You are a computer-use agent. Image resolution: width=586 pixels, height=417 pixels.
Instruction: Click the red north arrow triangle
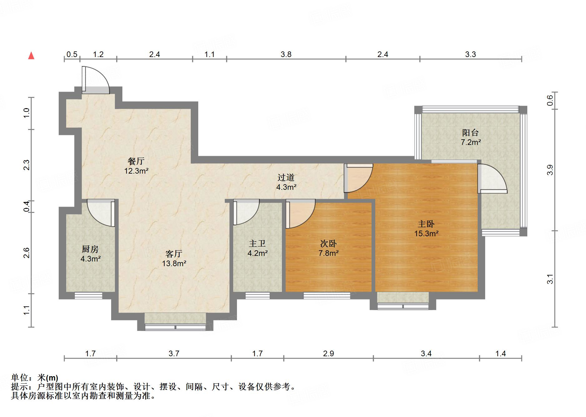[31, 55]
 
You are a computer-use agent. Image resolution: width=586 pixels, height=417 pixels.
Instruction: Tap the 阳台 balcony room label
[470, 133]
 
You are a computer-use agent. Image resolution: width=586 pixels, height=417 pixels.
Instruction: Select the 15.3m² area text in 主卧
[426, 233]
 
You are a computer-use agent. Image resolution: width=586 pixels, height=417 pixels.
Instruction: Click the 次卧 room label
[328, 243]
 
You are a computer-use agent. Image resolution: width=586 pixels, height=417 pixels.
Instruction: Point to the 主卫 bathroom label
[257, 243]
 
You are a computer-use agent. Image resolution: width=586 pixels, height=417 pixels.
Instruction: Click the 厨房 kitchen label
[90, 249]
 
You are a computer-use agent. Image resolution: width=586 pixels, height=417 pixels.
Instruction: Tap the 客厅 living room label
[174, 254]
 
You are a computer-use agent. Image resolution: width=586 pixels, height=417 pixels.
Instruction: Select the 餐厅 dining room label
[136, 161]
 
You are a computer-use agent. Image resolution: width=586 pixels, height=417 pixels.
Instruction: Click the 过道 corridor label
[286, 177]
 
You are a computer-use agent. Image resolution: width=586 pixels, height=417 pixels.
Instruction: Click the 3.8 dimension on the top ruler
[286, 55]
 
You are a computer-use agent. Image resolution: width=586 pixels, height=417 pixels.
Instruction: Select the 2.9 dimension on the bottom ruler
[328, 353]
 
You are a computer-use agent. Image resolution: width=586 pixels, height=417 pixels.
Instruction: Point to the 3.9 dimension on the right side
[550, 170]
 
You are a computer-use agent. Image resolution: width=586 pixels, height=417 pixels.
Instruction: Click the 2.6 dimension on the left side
[27, 253]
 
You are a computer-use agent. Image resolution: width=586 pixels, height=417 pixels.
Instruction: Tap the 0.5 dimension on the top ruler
[72, 55]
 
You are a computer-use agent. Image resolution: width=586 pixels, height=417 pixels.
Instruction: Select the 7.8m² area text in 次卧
[328, 253]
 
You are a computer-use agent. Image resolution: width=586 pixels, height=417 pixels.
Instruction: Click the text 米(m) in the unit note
[47, 378]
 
